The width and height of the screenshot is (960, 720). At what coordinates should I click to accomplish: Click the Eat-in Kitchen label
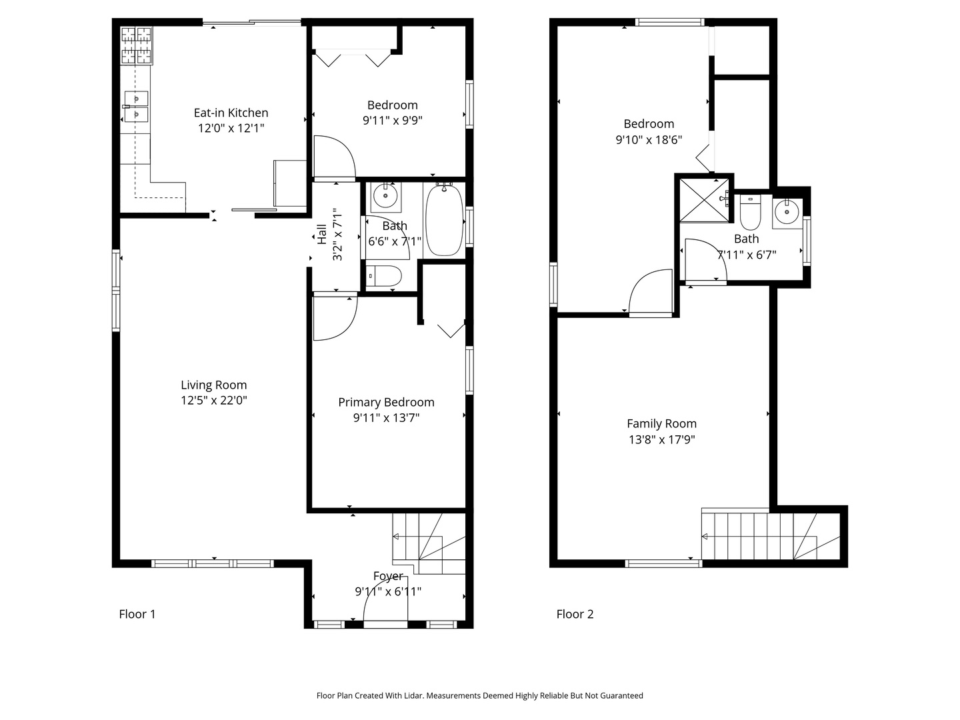[231, 113]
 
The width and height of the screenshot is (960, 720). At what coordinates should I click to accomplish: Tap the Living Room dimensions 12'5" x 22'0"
[213, 401]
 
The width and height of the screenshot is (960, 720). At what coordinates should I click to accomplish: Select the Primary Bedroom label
[386, 402]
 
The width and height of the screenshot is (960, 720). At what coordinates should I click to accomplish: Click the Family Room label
[661, 423]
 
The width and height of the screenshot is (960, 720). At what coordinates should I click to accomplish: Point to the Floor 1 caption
[137, 614]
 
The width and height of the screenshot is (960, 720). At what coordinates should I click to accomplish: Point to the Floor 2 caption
[575, 614]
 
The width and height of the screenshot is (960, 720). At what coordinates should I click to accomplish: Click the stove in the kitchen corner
[137, 45]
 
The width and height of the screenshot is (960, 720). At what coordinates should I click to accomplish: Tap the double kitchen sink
[136, 107]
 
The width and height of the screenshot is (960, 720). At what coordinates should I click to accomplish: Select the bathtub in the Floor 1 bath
[445, 220]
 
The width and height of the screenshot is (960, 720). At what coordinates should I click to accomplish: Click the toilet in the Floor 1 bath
[384, 276]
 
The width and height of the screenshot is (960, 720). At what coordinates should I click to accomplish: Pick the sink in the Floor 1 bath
[385, 196]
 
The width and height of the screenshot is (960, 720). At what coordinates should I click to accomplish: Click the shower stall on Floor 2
[705, 199]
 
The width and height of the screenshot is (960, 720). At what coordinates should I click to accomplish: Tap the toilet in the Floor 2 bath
[750, 213]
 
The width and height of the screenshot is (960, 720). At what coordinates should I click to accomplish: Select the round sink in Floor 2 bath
[787, 212]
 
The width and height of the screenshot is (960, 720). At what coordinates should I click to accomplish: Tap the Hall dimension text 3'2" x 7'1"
[337, 233]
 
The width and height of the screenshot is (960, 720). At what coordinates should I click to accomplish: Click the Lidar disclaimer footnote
[479, 695]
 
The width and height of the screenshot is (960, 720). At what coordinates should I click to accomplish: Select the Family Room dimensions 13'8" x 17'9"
[661, 439]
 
